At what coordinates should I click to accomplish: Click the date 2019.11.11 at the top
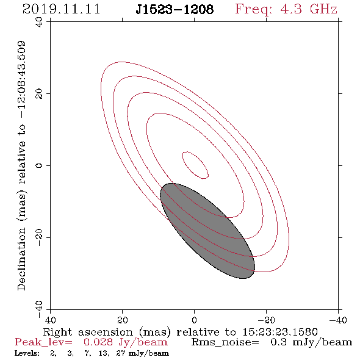click(x=61, y=9)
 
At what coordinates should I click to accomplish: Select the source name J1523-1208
click(x=175, y=10)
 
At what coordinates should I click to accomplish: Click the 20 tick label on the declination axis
click(x=39, y=94)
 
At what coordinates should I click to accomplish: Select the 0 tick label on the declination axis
click(x=39, y=165)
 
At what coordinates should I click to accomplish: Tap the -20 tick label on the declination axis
click(x=39, y=237)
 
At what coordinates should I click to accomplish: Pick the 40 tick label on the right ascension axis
click(x=50, y=320)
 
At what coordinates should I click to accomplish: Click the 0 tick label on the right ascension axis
click(x=194, y=320)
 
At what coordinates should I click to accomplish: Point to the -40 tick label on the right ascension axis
click(x=338, y=320)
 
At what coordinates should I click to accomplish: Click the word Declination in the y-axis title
click(x=21, y=259)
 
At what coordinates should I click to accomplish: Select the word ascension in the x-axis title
click(x=106, y=332)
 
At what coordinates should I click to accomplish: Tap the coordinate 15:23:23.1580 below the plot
click(x=280, y=332)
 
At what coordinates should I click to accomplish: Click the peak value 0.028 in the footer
click(x=98, y=342)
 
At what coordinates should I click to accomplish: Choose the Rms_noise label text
click(x=225, y=342)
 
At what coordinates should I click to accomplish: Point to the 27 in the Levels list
click(x=121, y=353)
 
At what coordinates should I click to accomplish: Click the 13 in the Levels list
click(x=104, y=353)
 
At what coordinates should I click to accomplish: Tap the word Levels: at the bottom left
click(x=27, y=353)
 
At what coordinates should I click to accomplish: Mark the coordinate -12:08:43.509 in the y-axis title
click(x=21, y=80)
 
